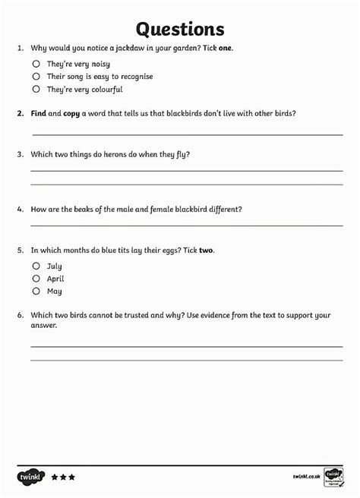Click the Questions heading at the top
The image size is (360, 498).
[x=180, y=29]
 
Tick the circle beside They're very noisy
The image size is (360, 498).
[x=36, y=65]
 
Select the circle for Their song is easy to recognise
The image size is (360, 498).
[x=36, y=77]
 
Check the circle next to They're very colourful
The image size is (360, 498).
[x=36, y=89]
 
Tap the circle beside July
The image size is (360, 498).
[x=36, y=266]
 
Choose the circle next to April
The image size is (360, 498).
[x=36, y=279]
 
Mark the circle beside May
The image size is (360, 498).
[x=36, y=291]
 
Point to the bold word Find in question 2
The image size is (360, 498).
[x=39, y=113]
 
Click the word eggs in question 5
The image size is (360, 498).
[x=170, y=250]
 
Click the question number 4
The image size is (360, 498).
[x=21, y=210]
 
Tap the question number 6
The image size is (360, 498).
[x=21, y=314]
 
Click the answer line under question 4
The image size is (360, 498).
[x=186, y=225]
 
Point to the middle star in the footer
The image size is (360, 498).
[x=63, y=478]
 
